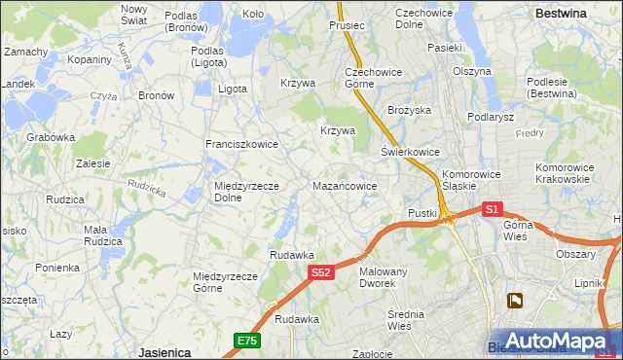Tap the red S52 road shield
(x=323, y=273)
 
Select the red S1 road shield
(x=492, y=209)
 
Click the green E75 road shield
(x=246, y=340)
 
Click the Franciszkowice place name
(x=241, y=144)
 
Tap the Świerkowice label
(x=410, y=153)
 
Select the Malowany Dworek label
(x=385, y=277)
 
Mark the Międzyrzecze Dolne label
(x=247, y=192)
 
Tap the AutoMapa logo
(x=556, y=341)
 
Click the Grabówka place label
(x=52, y=137)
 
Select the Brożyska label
(x=409, y=111)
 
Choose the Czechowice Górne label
(x=368, y=78)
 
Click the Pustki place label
(x=421, y=212)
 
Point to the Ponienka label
(x=57, y=268)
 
